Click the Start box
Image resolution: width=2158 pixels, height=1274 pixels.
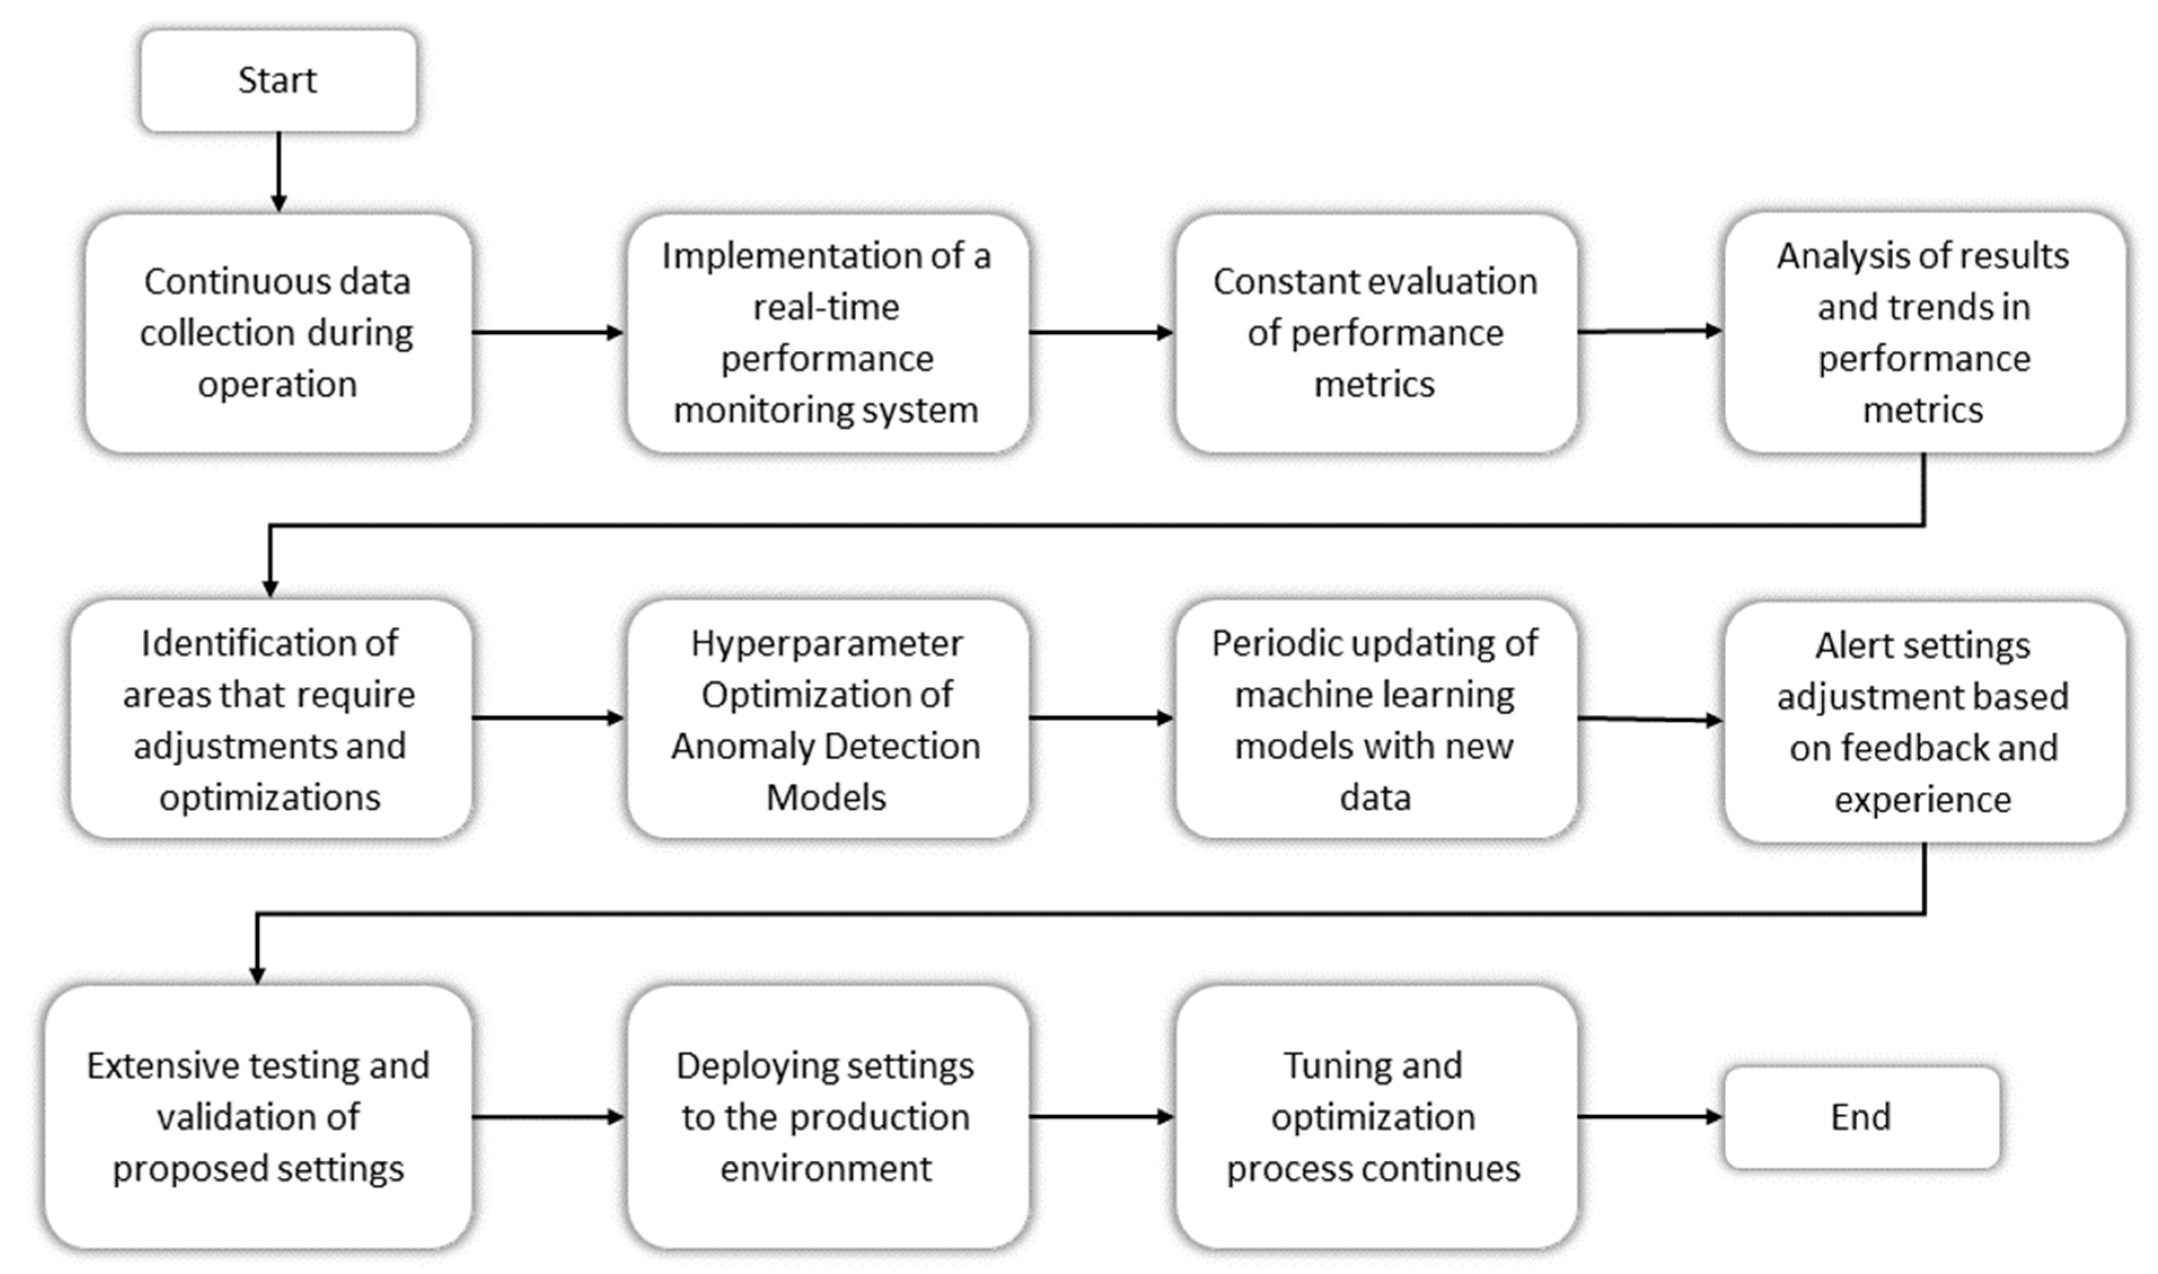(x=278, y=81)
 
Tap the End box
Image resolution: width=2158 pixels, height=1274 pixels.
(x=1860, y=1117)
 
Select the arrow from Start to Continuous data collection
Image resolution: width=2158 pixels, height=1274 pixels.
(x=278, y=171)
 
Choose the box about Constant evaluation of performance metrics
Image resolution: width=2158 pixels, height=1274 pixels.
(x=1375, y=333)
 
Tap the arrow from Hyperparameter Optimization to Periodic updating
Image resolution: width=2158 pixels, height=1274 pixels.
(x=1100, y=718)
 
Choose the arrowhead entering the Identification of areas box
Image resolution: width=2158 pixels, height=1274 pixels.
(x=270, y=587)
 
